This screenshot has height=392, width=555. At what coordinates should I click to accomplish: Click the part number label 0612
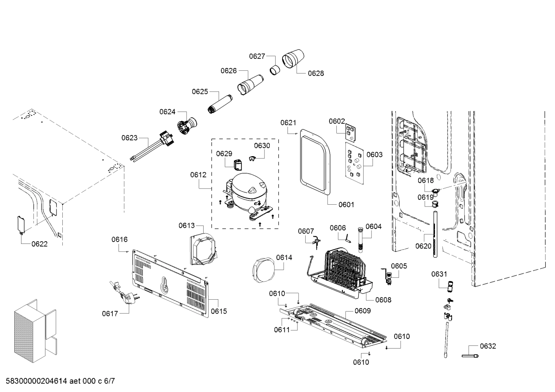(x=198, y=175)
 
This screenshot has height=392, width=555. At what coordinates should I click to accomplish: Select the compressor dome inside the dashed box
(x=246, y=190)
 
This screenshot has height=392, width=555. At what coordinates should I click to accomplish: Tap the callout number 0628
(x=316, y=73)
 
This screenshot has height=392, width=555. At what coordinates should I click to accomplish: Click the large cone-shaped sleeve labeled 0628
(x=294, y=59)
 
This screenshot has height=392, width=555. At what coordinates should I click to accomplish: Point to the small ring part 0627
(x=275, y=70)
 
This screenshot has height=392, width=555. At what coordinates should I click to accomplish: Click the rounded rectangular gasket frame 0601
(x=315, y=162)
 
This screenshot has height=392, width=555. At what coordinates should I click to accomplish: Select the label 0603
(x=374, y=155)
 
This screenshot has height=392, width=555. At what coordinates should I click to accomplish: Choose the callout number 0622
(x=40, y=244)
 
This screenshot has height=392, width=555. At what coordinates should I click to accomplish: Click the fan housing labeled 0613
(x=203, y=250)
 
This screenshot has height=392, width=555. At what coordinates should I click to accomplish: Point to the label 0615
(x=219, y=311)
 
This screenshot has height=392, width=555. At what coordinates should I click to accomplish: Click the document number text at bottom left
(x=58, y=381)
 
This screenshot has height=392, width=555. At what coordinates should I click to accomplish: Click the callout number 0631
(x=439, y=274)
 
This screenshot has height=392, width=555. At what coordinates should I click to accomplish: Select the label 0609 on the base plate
(x=363, y=310)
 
